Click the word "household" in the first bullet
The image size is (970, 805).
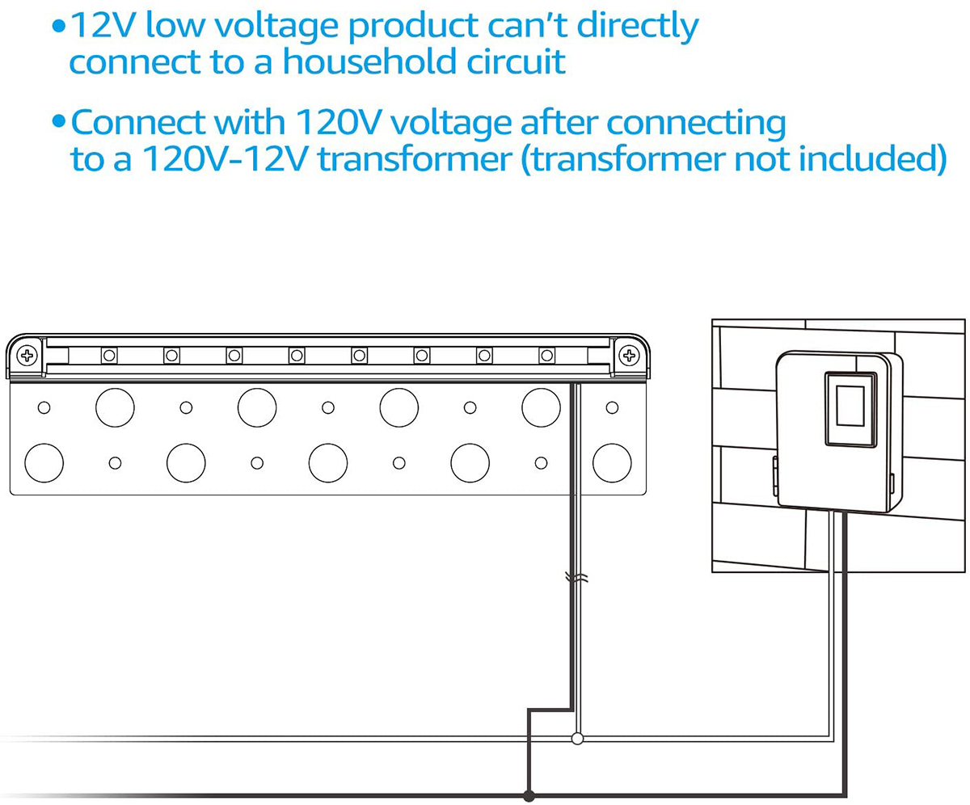pos(369,61)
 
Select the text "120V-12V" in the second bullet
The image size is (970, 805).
pos(225,159)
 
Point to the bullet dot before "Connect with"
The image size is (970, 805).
pos(58,122)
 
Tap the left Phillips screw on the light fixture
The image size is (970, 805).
pos(27,356)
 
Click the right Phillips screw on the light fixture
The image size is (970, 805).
pos(630,356)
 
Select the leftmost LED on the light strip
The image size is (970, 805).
pos(109,356)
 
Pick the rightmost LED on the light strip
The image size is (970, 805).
pos(547,356)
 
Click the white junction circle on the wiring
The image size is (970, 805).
pos(577,739)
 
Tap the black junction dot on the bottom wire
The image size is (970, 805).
pos(528,795)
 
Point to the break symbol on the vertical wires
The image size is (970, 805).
pos(576,578)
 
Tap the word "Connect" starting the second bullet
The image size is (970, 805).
pos(137,123)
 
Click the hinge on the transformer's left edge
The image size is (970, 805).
pos(775,477)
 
